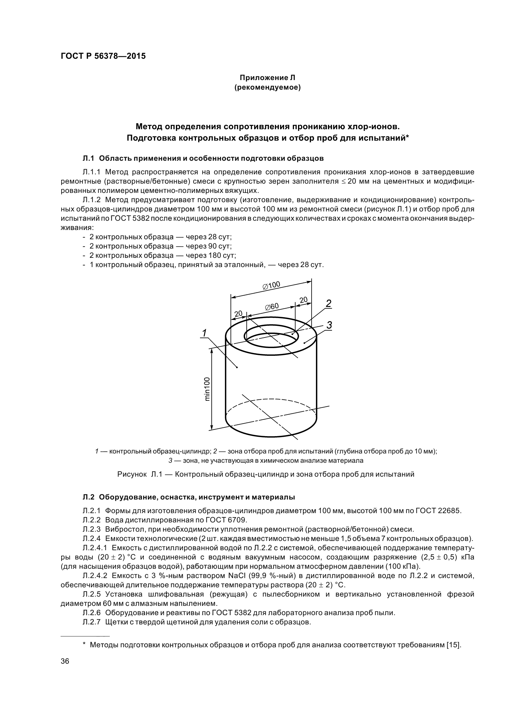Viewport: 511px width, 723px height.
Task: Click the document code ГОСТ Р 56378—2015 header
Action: coord(103,56)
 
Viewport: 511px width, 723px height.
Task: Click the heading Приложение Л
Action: coord(267,78)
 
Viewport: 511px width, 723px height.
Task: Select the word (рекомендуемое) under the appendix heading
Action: coord(267,87)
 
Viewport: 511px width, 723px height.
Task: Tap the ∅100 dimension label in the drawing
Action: coord(271,286)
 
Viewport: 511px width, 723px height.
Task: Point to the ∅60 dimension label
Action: coord(271,306)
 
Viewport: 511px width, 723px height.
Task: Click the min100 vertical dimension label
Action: coord(207,389)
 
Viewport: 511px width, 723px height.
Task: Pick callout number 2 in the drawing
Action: coord(328,304)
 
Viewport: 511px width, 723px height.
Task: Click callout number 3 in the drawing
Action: coord(329,325)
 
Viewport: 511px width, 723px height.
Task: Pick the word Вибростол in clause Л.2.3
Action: coord(121,529)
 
